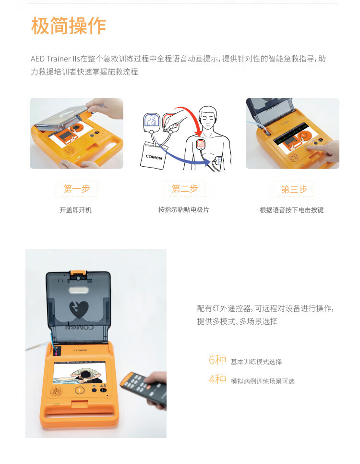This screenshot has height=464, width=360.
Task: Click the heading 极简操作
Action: click(x=68, y=26)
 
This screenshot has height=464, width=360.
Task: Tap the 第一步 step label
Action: click(x=76, y=189)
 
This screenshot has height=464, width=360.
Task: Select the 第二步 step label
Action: click(x=184, y=189)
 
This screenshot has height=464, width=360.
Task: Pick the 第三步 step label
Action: click(x=294, y=189)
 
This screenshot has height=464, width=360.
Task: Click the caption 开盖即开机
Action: click(x=75, y=210)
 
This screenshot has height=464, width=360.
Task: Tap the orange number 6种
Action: click(x=217, y=360)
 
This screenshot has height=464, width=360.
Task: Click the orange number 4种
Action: click(x=217, y=380)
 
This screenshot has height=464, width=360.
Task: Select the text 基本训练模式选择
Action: click(x=256, y=362)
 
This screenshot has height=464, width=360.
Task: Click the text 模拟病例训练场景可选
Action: click(x=262, y=381)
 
